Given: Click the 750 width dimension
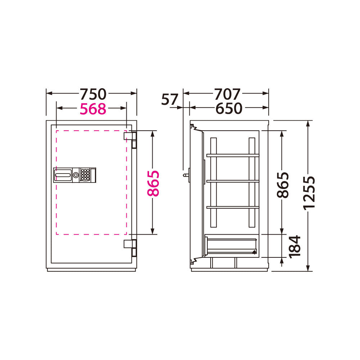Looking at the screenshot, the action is coord(93,94).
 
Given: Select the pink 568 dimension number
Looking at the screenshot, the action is coord(93,109).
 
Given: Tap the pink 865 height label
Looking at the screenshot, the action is coord(153,184).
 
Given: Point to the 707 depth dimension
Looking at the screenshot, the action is coord(227,94).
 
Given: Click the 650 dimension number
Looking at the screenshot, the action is coord(229,108).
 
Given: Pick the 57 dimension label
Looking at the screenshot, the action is coord(170,99).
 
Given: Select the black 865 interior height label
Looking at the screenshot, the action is coord(283,185).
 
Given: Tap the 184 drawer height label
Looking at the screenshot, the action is coord(295,247).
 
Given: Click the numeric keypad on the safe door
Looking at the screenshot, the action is coord(85,175).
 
